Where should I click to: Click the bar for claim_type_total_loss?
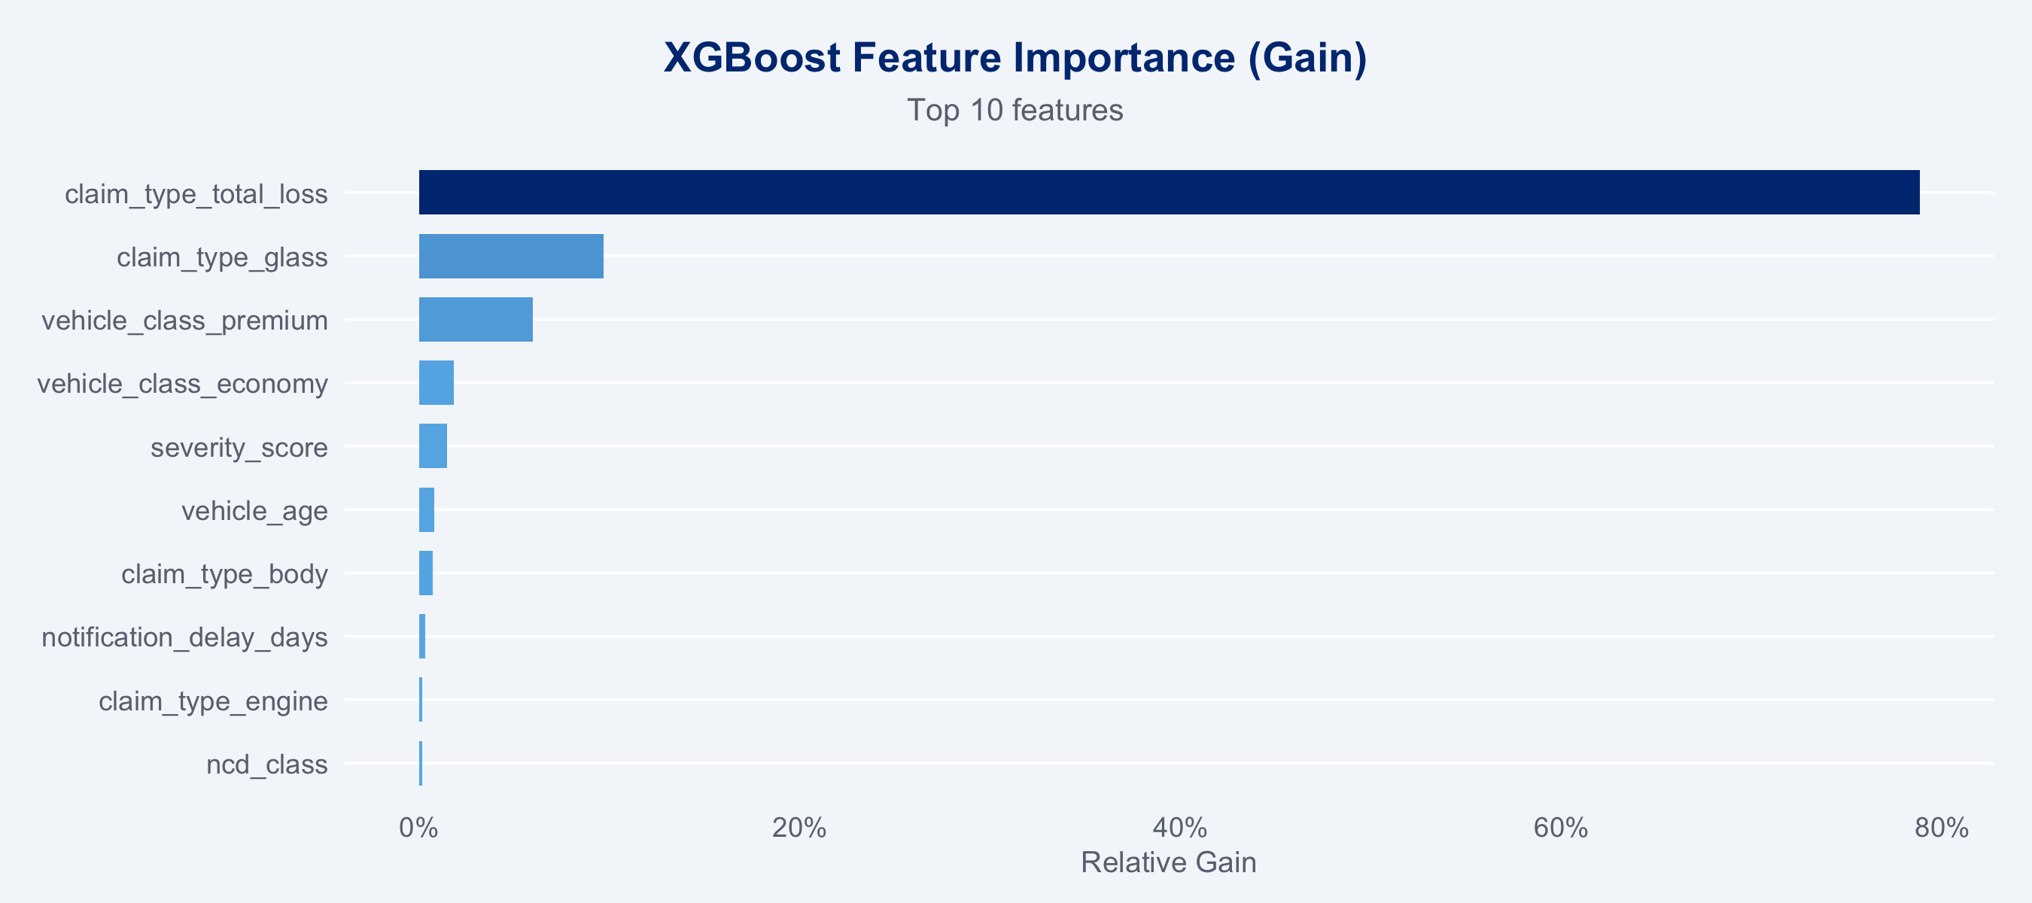[1169, 193]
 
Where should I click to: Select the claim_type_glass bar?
[511, 257]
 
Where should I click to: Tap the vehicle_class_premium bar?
[476, 319]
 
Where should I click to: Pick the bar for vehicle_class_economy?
[437, 382]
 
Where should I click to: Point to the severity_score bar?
[433, 446]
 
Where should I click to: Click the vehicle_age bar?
[427, 509]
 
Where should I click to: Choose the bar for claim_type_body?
[426, 573]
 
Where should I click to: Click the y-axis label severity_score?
[239, 448]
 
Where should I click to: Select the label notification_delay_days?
[184, 637]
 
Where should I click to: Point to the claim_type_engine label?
[213, 701]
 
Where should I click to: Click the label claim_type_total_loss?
[196, 194]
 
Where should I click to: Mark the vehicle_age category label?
[255, 511]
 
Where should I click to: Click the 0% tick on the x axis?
[419, 827]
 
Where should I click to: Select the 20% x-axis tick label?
[799, 827]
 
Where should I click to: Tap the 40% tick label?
[1180, 827]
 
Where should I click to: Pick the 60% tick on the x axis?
[1560, 827]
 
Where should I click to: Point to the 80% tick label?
[1941, 827]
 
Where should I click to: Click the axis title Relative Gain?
[1168, 863]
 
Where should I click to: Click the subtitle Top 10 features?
[1015, 111]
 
